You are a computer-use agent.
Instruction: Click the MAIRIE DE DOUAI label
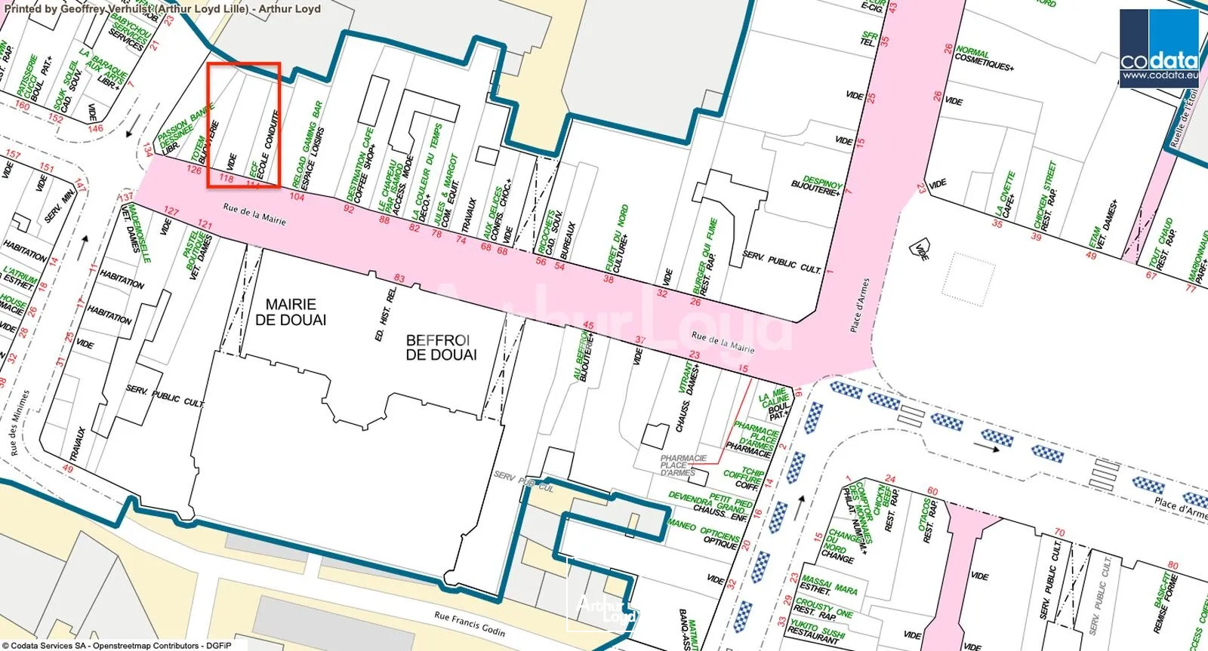pyautogui.click(x=291, y=312)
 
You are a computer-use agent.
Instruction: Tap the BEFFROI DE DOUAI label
pyautogui.click(x=441, y=348)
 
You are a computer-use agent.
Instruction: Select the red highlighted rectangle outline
pyautogui.click(x=244, y=125)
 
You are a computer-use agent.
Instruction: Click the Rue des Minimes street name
pyautogui.click(x=20, y=422)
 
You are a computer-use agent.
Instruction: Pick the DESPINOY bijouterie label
pyautogui.click(x=818, y=186)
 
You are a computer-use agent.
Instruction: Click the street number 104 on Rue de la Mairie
pyautogui.click(x=297, y=197)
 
